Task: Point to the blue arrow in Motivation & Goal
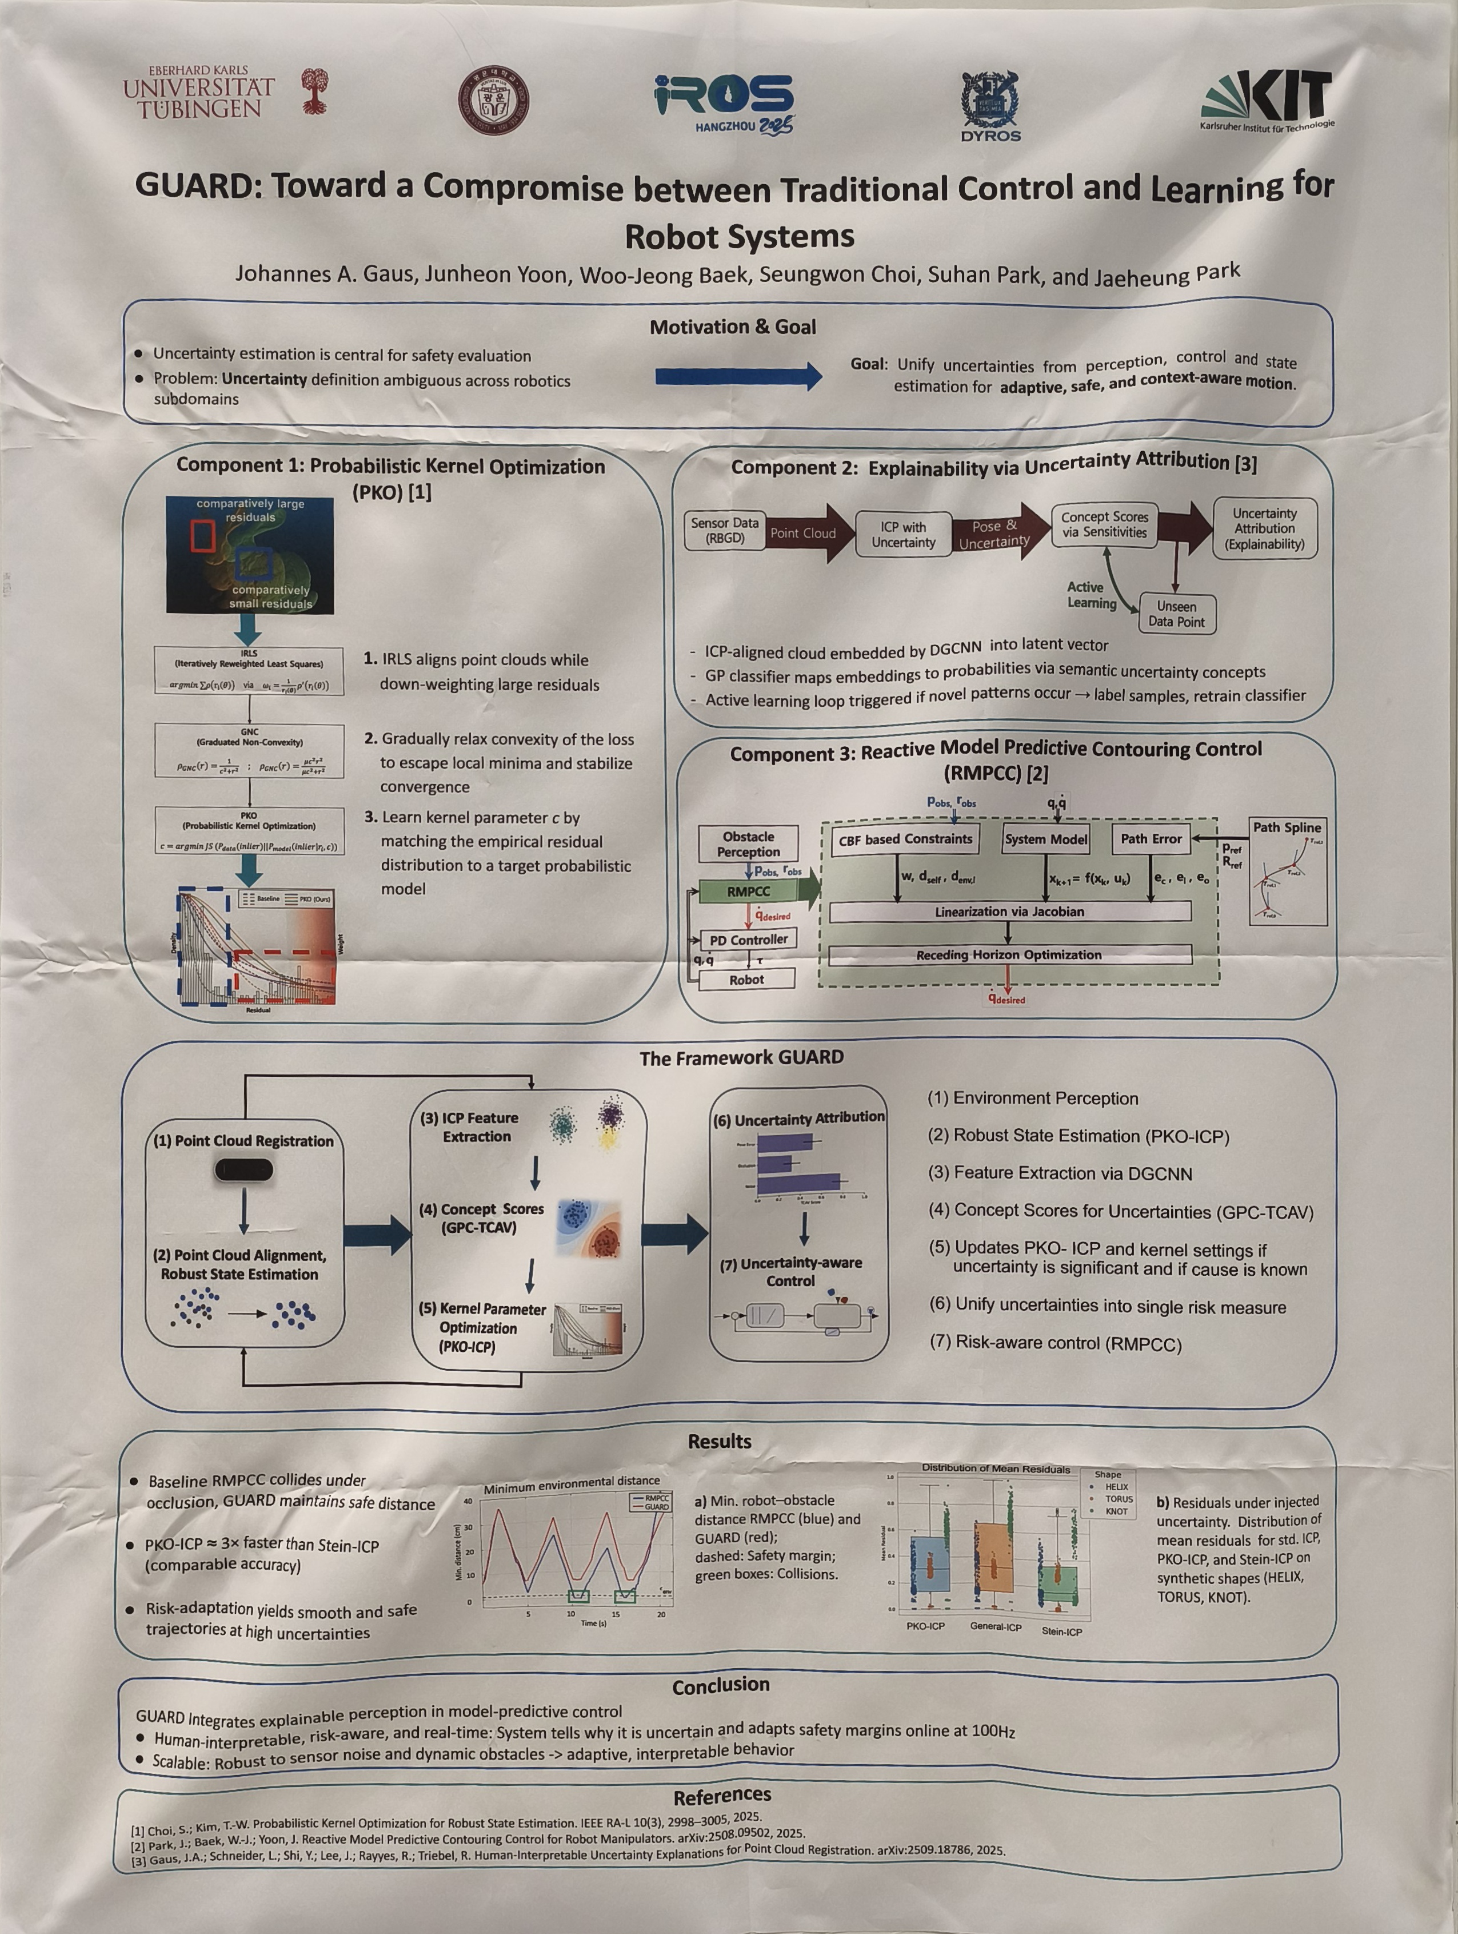(738, 376)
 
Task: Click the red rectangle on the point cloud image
(203, 535)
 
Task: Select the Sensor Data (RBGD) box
(725, 530)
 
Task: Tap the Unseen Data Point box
(1177, 614)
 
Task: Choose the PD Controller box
(748, 940)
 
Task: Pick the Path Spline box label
(1287, 827)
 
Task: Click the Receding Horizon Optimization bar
(1009, 955)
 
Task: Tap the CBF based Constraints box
(905, 839)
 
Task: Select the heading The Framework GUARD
(741, 1058)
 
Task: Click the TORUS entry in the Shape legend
(1118, 1499)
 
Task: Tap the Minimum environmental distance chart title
(572, 1483)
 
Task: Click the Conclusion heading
(720, 1685)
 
